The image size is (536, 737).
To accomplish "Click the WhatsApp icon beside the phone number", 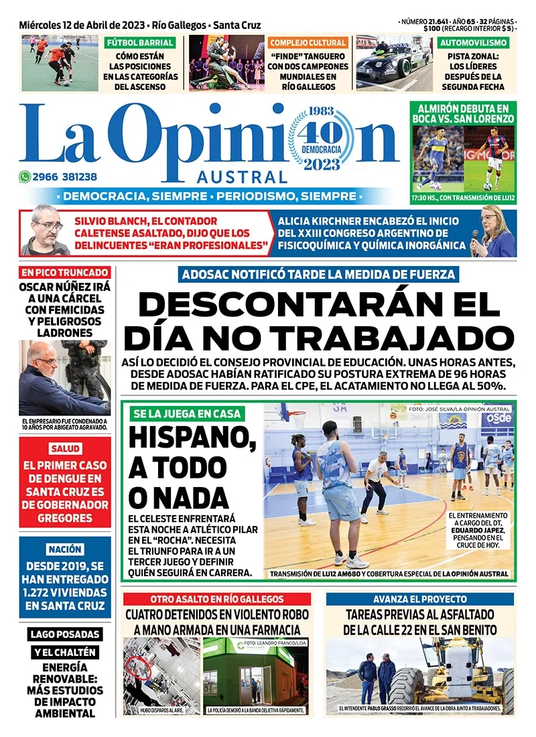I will pos(25,177).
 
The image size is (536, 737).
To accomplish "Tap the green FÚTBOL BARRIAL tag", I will pos(139,43).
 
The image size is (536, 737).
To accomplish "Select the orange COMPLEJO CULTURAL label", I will pos(308,43).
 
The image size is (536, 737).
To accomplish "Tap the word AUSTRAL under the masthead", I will pos(242,178).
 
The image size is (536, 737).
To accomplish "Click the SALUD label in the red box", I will pos(65,448).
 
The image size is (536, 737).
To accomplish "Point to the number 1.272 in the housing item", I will pos(43,592).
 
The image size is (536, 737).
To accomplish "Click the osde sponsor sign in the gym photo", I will pos(496,418).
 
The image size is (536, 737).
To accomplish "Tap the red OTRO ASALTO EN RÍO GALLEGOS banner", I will pos(217,599).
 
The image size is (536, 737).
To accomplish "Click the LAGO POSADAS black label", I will pos(65,634).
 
